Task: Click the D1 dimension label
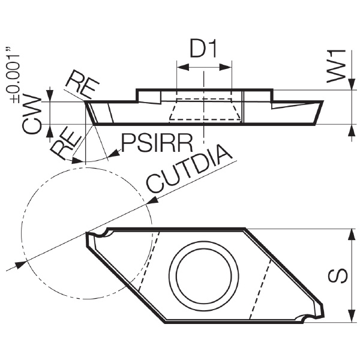203,49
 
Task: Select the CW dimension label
32,115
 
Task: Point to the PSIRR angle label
157,143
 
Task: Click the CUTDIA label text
189,168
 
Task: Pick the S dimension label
338,276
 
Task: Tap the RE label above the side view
82,84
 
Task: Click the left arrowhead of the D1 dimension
183,67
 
